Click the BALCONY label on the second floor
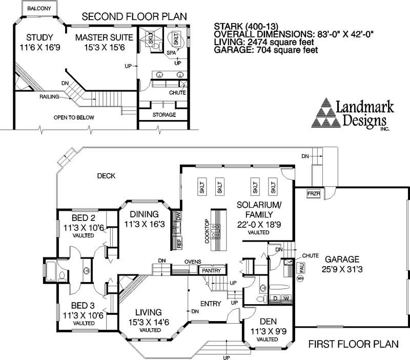(39, 9)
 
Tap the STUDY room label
(40, 37)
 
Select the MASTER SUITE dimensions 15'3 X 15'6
(105, 47)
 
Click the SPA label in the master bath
(171, 53)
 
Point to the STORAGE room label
(164, 114)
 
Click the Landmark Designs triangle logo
(326, 113)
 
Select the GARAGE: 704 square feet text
(266, 50)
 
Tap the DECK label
(106, 176)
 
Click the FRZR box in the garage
(314, 194)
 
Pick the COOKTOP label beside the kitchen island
(207, 231)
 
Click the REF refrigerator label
(179, 243)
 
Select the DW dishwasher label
(178, 216)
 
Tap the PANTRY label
(212, 271)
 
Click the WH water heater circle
(300, 278)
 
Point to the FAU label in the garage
(302, 268)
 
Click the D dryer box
(275, 298)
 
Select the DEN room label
(268, 322)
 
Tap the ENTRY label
(211, 304)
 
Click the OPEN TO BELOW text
(74, 117)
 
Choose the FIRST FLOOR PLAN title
(354, 344)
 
